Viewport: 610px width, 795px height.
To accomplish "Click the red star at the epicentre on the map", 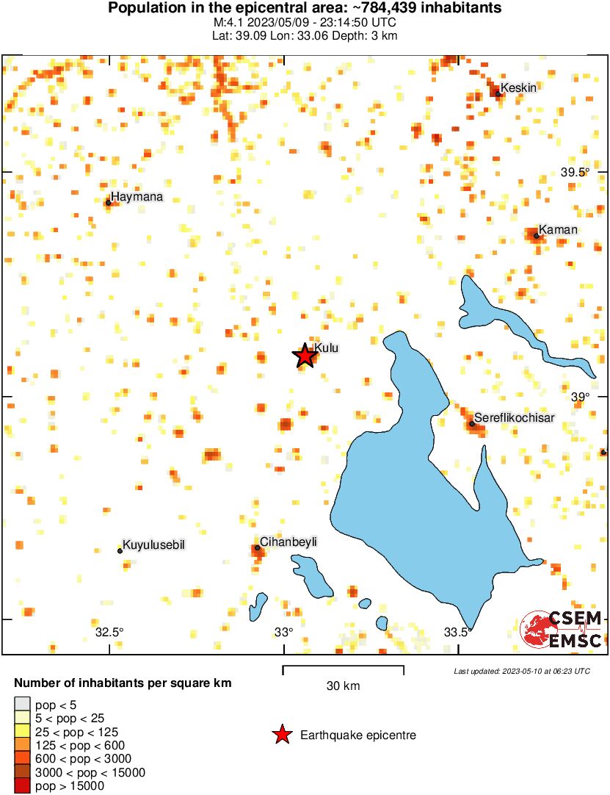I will click(x=305, y=356).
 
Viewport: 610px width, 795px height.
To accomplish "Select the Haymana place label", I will click(x=137, y=197).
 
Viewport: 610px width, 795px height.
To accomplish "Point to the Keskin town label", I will click(x=519, y=88).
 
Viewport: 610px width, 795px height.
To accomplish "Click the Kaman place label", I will click(x=558, y=230).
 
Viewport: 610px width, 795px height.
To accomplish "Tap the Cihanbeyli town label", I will click(x=288, y=542).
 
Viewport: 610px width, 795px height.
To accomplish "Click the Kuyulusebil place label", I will click(x=153, y=544).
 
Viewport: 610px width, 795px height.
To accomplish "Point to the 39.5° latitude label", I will click(x=575, y=173).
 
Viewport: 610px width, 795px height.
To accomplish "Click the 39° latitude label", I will click(x=580, y=397).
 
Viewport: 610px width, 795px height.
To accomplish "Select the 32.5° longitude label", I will click(x=109, y=632).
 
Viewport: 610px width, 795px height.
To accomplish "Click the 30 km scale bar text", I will click(x=343, y=686).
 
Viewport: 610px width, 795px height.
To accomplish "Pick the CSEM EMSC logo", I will click(x=562, y=630).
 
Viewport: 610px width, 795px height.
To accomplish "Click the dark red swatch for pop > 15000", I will click(x=22, y=786).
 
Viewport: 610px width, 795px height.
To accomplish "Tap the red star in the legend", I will click(x=281, y=735).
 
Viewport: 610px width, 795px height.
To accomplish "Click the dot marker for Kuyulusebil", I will click(x=120, y=550).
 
